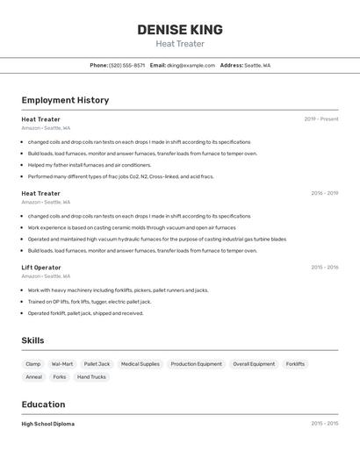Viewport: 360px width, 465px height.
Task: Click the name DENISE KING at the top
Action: [x=180, y=30]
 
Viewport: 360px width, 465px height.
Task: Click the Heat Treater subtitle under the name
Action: [x=180, y=44]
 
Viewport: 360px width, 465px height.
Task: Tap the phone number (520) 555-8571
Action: [x=127, y=65]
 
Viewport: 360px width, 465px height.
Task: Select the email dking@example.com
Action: [x=191, y=65]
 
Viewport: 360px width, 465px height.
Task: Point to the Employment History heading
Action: [x=65, y=100]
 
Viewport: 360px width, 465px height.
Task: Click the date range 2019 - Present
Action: [x=320, y=118]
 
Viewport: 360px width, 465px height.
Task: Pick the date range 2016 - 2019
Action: [x=324, y=193]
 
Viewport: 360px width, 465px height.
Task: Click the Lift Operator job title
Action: [x=41, y=268]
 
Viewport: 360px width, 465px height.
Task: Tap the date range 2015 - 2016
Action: [x=324, y=268]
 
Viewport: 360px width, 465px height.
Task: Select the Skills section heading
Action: [x=32, y=340]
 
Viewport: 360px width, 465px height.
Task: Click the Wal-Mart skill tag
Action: [x=62, y=364]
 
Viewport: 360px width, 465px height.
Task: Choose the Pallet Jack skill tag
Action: [x=97, y=364]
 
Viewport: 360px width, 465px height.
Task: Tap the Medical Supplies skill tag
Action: [x=140, y=364]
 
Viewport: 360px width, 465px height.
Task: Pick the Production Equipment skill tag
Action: [x=196, y=364]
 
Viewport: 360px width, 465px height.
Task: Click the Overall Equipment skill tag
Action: [x=254, y=364]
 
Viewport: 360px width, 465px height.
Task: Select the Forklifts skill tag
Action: [x=295, y=364]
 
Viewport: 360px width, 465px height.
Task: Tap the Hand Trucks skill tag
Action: [x=91, y=377]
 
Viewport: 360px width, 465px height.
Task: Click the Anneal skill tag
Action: [x=33, y=377]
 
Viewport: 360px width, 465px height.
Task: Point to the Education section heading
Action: [x=43, y=404]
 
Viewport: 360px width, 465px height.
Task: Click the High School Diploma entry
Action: [x=47, y=424]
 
